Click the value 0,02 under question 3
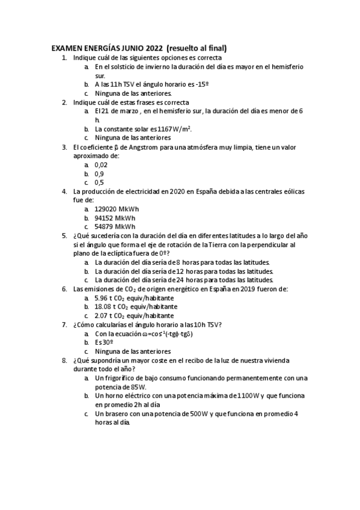click(x=100, y=165)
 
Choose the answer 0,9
click(x=99, y=173)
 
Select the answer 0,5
click(x=99, y=182)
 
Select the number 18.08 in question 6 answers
click(x=103, y=306)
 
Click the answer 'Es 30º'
click(x=104, y=342)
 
